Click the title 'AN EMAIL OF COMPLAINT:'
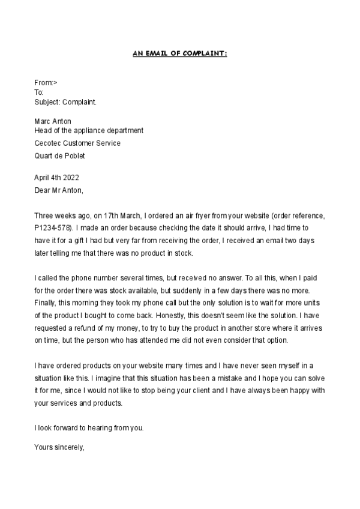(179, 53)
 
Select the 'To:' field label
(39, 92)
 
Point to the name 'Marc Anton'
(53, 121)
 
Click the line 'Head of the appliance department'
(89, 130)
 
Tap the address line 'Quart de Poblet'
(59, 155)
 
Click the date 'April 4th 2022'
(56, 178)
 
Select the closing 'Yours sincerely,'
(60, 447)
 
